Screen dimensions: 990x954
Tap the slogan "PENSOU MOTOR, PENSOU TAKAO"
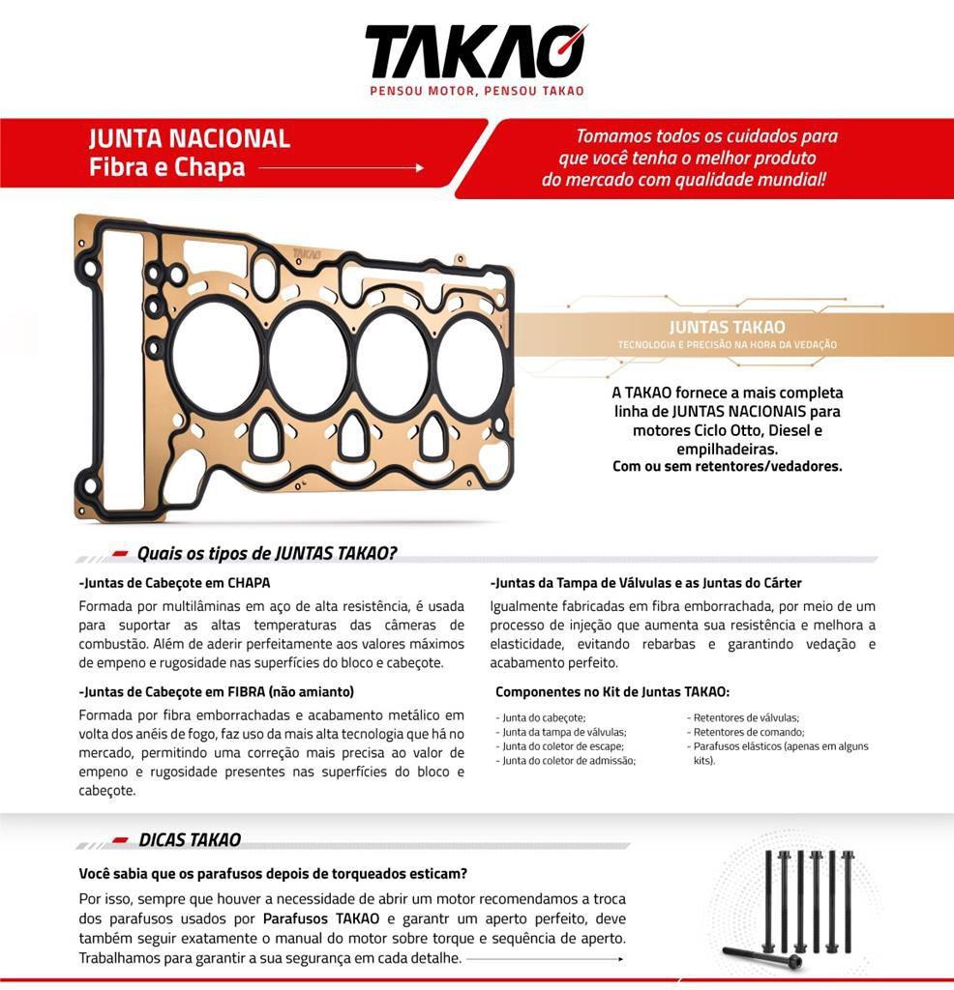(x=477, y=91)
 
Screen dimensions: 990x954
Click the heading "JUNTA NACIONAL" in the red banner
(x=190, y=138)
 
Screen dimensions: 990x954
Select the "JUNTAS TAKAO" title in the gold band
(x=727, y=328)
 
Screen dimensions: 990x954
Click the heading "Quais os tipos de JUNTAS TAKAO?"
(x=267, y=554)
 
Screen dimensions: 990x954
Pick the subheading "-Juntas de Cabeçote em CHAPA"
(x=174, y=583)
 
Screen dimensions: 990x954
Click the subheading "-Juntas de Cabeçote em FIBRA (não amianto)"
(x=216, y=691)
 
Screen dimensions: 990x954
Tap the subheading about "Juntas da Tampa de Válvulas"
(x=645, y=583)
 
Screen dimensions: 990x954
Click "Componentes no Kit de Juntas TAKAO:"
(x=611, y=692)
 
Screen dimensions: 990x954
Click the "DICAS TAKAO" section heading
(x=190, y=840)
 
